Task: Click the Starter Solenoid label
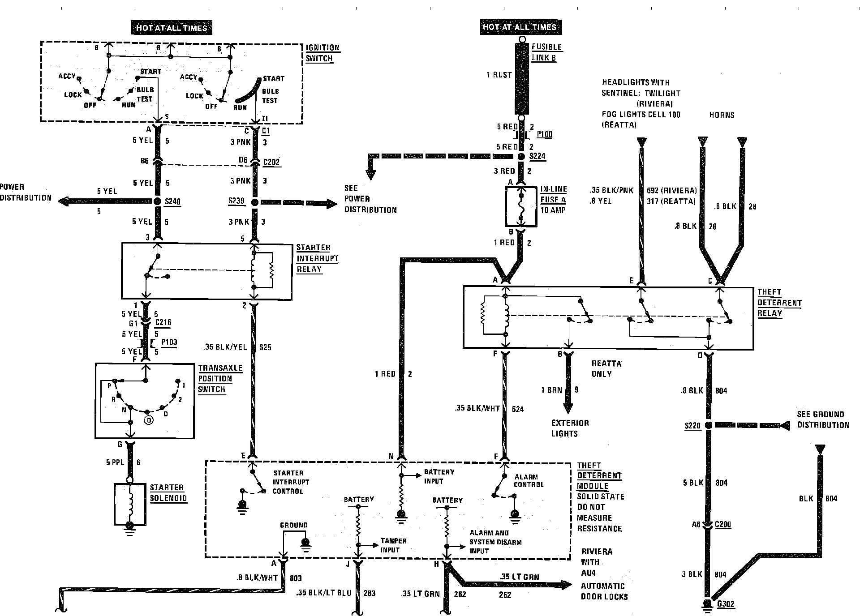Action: pyautogui.click(x=168, y=493)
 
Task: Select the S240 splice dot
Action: pyautogui.click(x=157, y=201)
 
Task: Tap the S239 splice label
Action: pyautogui.click(x=236, y=201)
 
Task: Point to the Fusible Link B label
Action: pyautogui.click(x=546, y=52)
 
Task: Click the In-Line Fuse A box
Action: pyautogui.click(x=521, y=206)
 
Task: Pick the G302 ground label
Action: pyautogui.click(x=726, y=604)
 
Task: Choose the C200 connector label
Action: pyautogui.click(x=723, y=525)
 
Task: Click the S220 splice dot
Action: pyautogui.click(x=709, y=425)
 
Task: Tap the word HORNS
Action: pyautogui.click(x=722, y=115)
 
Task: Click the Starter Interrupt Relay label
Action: pyautogui.click(x=317, y=258)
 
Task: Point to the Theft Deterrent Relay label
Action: pyautogui.click(x=779, y=303)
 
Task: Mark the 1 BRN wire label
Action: pyautogui.click(x=551, y=390)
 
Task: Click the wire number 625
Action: pyautogui.click(x=265, y=347)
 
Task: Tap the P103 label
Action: pyautogui.click(x=169, y=342)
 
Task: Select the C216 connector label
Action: pyautogui.click(x=163, y=322)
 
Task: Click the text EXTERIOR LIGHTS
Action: pyautogui.click(x=570, y=428)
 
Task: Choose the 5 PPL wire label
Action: pyautogui.click(x=115, y=462)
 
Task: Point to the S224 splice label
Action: pyautogui.click(x=538, y=157)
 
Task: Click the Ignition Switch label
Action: pyautogui.click(x=322, y=53)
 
